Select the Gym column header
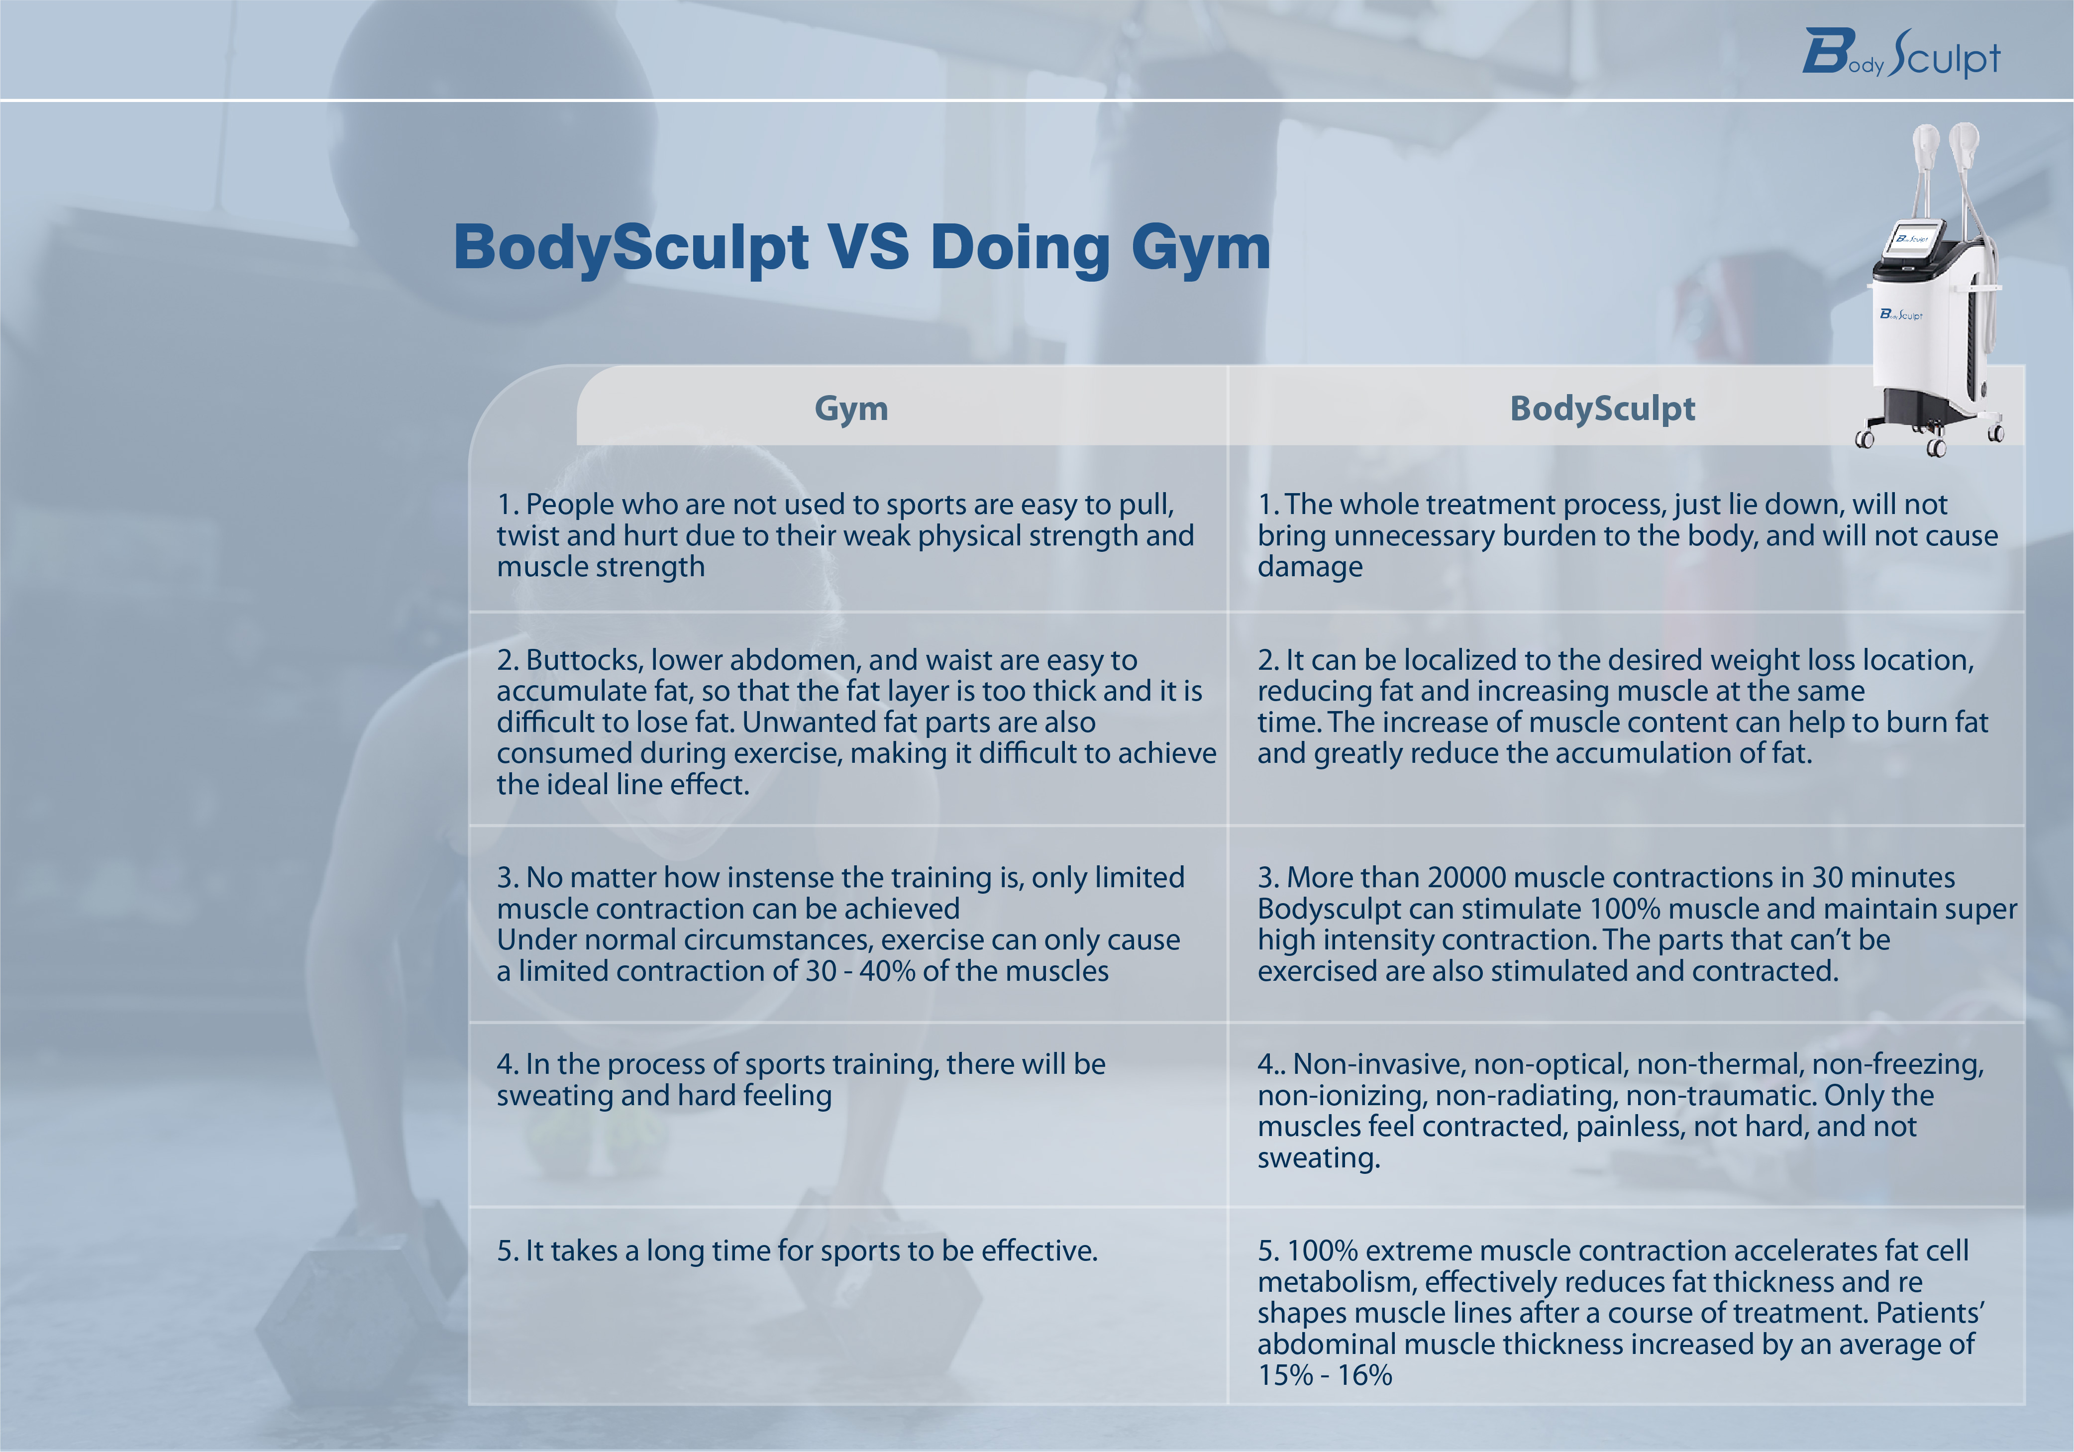tap(851, 409)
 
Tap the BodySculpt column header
tap(1602, 409)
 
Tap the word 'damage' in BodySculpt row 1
tap(1310, 567)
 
